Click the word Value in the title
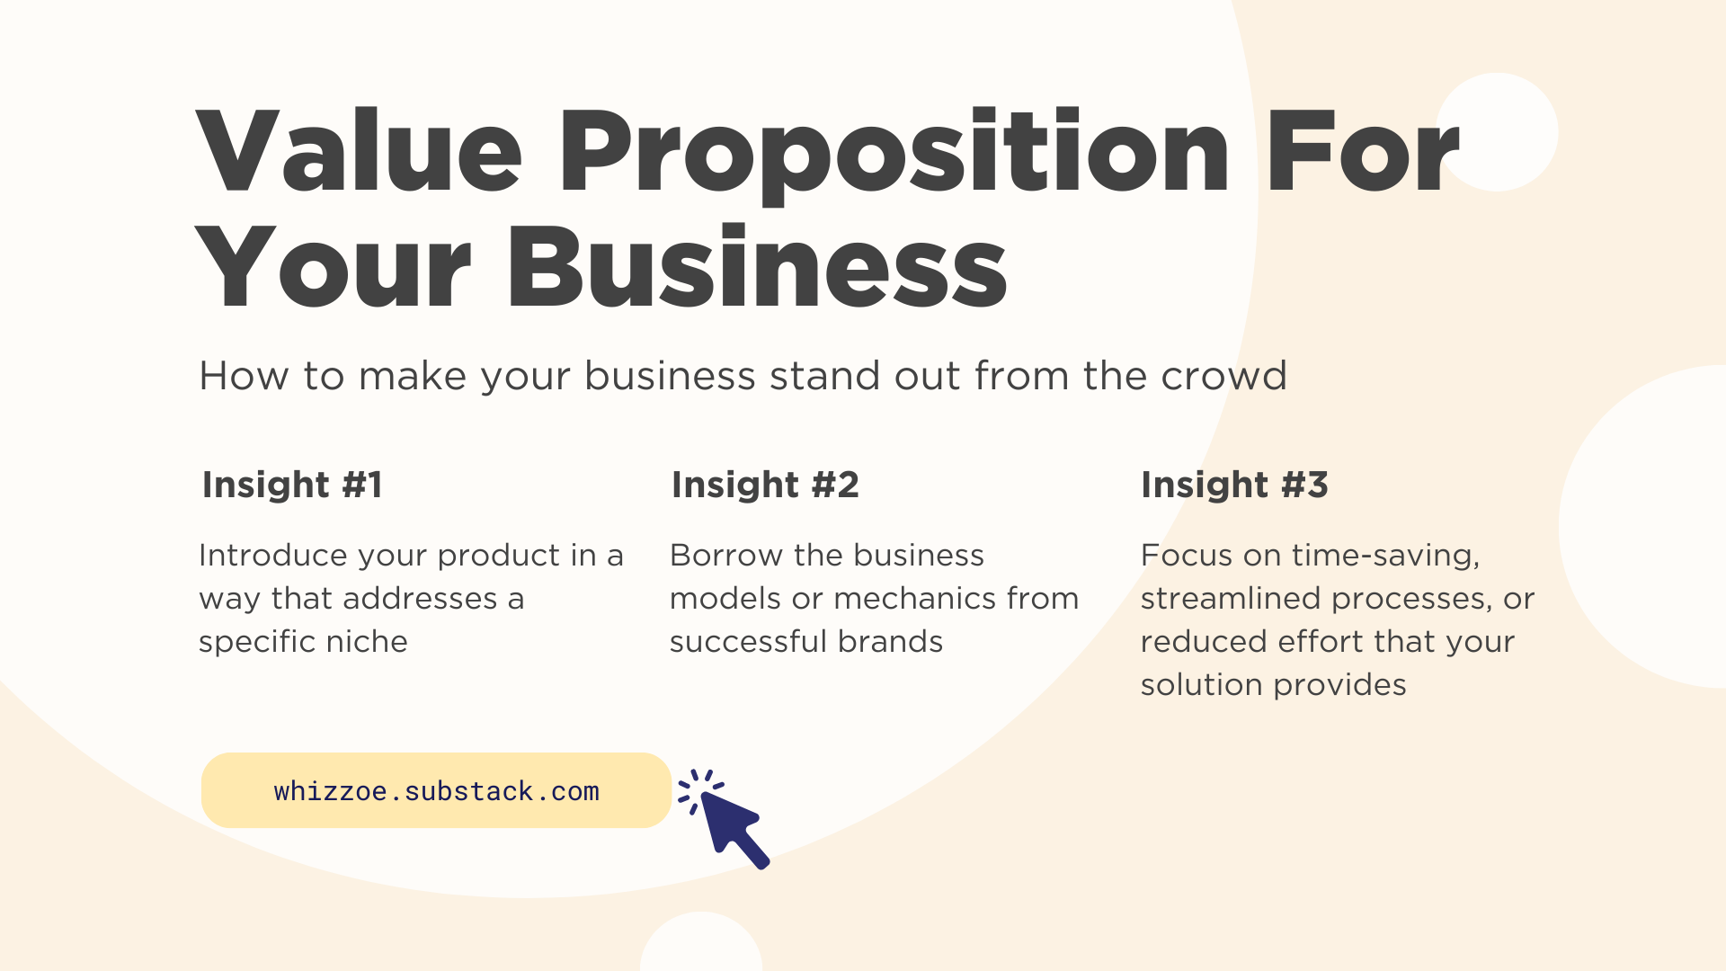[x=358, y=151]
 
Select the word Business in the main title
[x=757, y=268]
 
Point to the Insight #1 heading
[x=292, y=485]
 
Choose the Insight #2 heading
[x=765, y=485]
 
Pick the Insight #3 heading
[x=1234, y=485]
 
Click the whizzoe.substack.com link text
[x=436, y=791]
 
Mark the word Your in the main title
[x=333, y=268]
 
